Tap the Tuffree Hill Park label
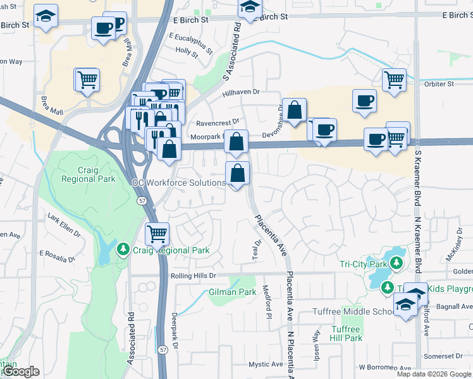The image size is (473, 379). [345, 334]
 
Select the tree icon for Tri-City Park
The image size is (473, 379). [396, 262]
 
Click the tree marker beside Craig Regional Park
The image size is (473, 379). [124, 250]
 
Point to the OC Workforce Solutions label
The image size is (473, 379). [178, 183]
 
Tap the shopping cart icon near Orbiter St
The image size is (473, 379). [394, 80]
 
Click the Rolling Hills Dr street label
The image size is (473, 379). [193, 276]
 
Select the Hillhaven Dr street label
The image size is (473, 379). [241, 92]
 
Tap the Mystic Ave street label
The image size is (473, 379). [266, 364]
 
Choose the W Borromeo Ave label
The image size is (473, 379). [385, 367]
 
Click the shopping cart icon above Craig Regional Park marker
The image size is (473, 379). [157, 233]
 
